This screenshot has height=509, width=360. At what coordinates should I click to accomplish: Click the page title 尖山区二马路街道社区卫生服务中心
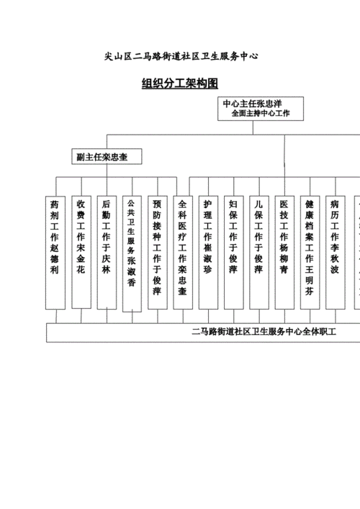tap(180, 55)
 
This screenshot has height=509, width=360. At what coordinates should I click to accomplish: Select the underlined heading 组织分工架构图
tap(180, 84)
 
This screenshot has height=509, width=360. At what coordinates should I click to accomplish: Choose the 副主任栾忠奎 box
tap(107, 156)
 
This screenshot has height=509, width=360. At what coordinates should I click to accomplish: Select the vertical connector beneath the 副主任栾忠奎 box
tap(107, 171)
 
